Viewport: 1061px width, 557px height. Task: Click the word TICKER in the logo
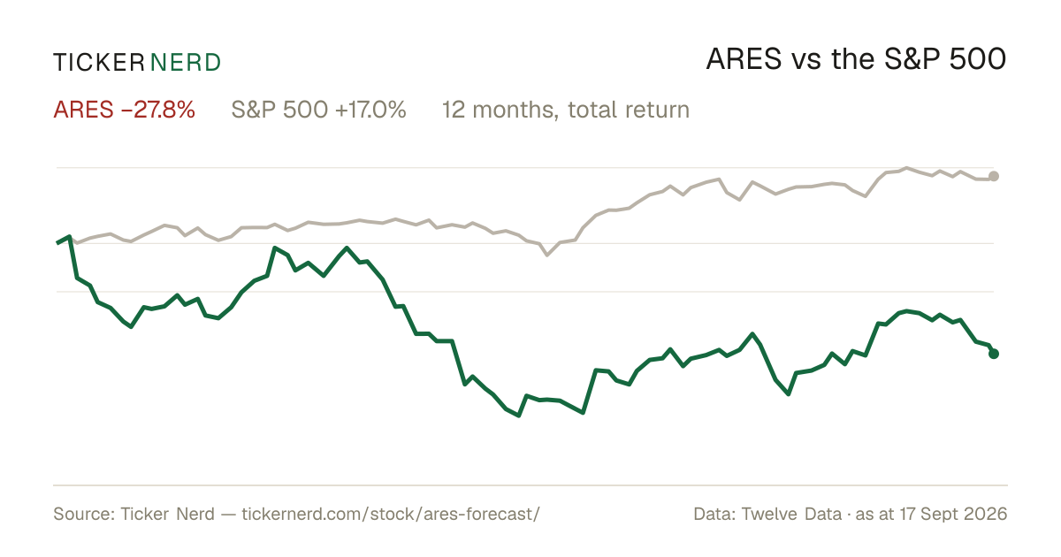pyautogui.click(x=99, y=63)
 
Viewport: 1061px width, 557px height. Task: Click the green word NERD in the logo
pyautogui.click(x=186, y=63)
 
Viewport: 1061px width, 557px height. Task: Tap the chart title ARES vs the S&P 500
pyautogui.click(x=856, y=60)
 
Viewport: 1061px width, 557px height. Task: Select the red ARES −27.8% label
pyautogui.click(x=124, y=110)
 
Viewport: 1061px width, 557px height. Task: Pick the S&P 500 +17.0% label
pyautogui.click(x=319, y=110)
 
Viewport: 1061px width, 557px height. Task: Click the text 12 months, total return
pyautogui.click(x=566, y=111)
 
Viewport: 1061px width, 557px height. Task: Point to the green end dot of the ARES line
pyautogui.click(x=994, y=354)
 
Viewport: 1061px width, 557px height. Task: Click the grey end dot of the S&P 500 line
pyautogui.click(x=994, y=176)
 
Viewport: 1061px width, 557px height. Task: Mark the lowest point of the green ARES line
pyautogui.click(x=519, y=416)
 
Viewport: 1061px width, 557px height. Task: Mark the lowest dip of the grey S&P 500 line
pyautogui.click(x=547, y=256)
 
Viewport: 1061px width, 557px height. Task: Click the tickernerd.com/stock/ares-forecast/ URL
pyautogui.click(x=391, y=514)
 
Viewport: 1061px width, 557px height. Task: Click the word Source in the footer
pyautogui.click(x=81, y=514)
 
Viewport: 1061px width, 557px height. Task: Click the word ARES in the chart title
pyautogui.click(x=744, y=60)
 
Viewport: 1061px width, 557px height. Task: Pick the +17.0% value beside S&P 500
pyautogui.click(x=370, y=110)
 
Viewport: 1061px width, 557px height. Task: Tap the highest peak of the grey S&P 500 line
pyautogui.click(x=906, y=168)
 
